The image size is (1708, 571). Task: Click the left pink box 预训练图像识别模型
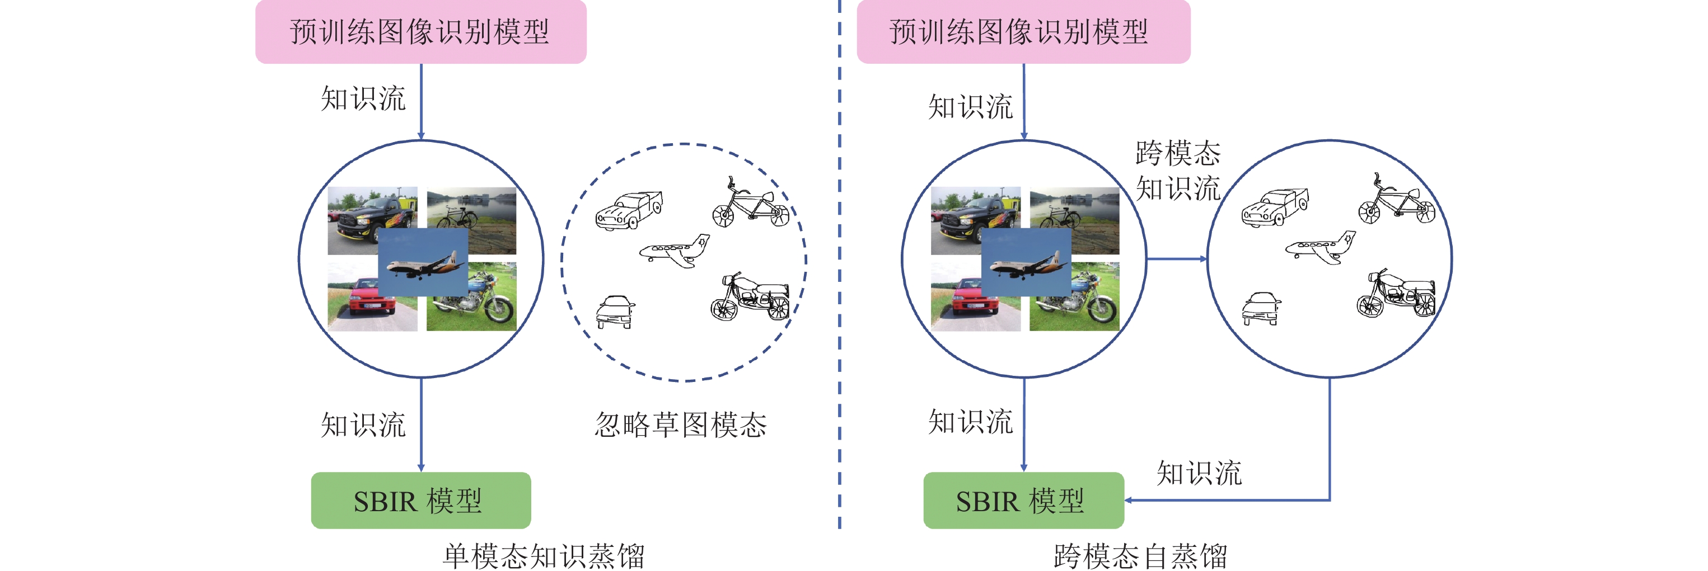(420, 32)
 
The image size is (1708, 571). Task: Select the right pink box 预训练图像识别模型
(1023, 32)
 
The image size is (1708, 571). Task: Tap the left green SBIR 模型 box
(420, 500)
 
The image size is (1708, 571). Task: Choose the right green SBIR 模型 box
(1023, 500)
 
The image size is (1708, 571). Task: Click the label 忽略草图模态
(680, 424)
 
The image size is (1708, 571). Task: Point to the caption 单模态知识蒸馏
(544, 556)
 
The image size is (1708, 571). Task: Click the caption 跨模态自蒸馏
(1140, 556)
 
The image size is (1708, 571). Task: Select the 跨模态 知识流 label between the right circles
(1178, 171)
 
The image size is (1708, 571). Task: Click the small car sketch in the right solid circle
(1261, 309)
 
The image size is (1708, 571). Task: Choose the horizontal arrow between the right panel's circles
(1177, 259)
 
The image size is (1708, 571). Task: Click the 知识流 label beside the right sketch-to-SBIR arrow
(1199, 473)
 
